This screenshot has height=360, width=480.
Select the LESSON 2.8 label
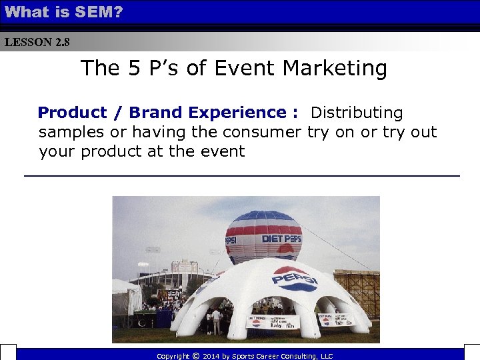coord(37,43)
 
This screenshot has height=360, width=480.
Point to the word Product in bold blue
coord(72,113)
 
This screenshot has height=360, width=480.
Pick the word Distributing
coord(357,113)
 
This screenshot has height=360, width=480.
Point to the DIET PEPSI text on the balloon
coord(281,239)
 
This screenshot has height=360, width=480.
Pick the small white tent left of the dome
coord(125,297)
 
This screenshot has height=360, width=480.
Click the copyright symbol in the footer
coord(195,356)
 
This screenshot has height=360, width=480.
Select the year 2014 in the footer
coord(212,356)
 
